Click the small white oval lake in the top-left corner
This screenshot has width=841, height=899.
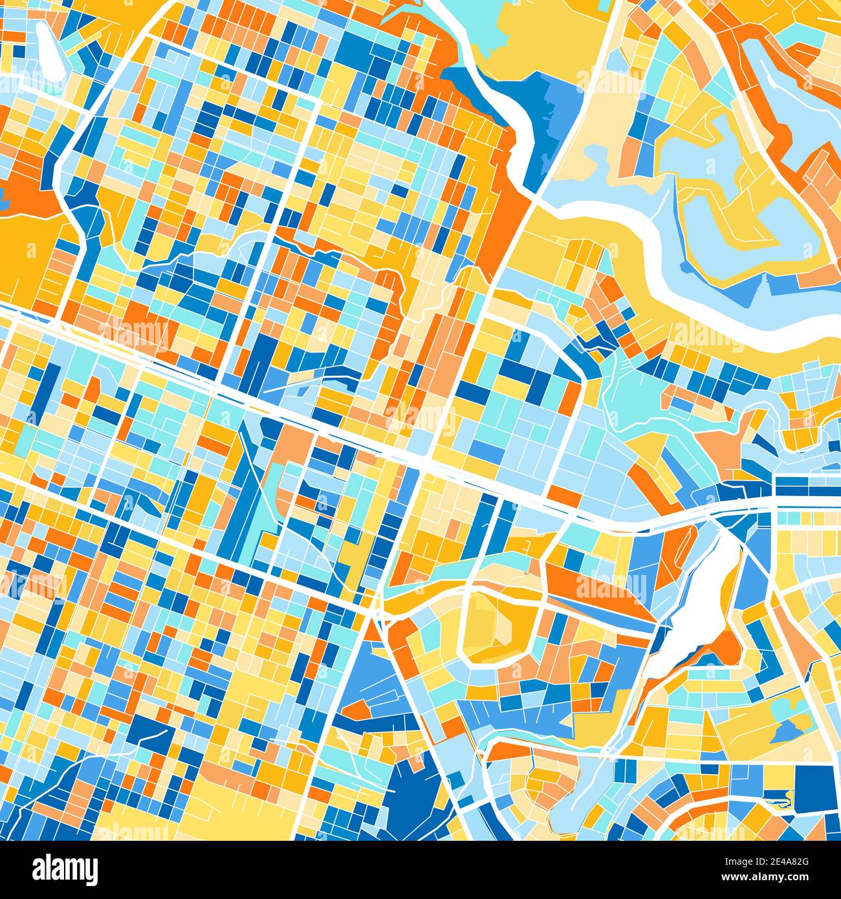coord(49,48)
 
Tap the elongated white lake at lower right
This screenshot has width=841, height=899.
coord(692,608)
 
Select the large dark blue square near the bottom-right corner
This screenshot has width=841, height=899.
coord(814,786)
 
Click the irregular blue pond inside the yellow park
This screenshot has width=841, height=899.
coord(785,731)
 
